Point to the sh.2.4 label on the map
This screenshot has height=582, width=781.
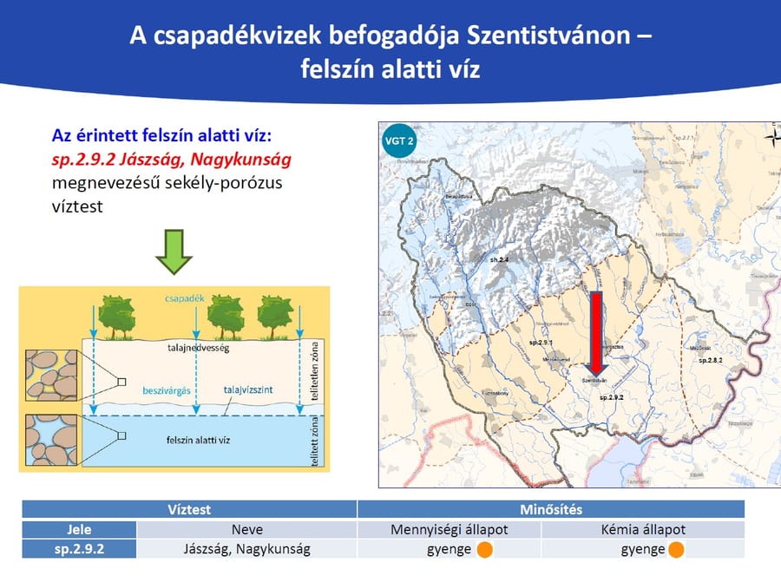(499, 259)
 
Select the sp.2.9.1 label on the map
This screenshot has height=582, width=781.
(540, 343)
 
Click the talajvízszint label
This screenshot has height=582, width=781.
(248, 390)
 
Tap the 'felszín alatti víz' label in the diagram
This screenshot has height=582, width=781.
(199, 441)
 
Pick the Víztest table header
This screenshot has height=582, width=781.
(189, 510)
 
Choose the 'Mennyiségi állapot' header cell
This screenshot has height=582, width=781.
(449, 529)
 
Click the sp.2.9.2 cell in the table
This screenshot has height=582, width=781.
(79, 549)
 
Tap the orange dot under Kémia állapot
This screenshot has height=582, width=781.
(676, 549)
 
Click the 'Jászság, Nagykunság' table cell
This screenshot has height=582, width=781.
(246, 549)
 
